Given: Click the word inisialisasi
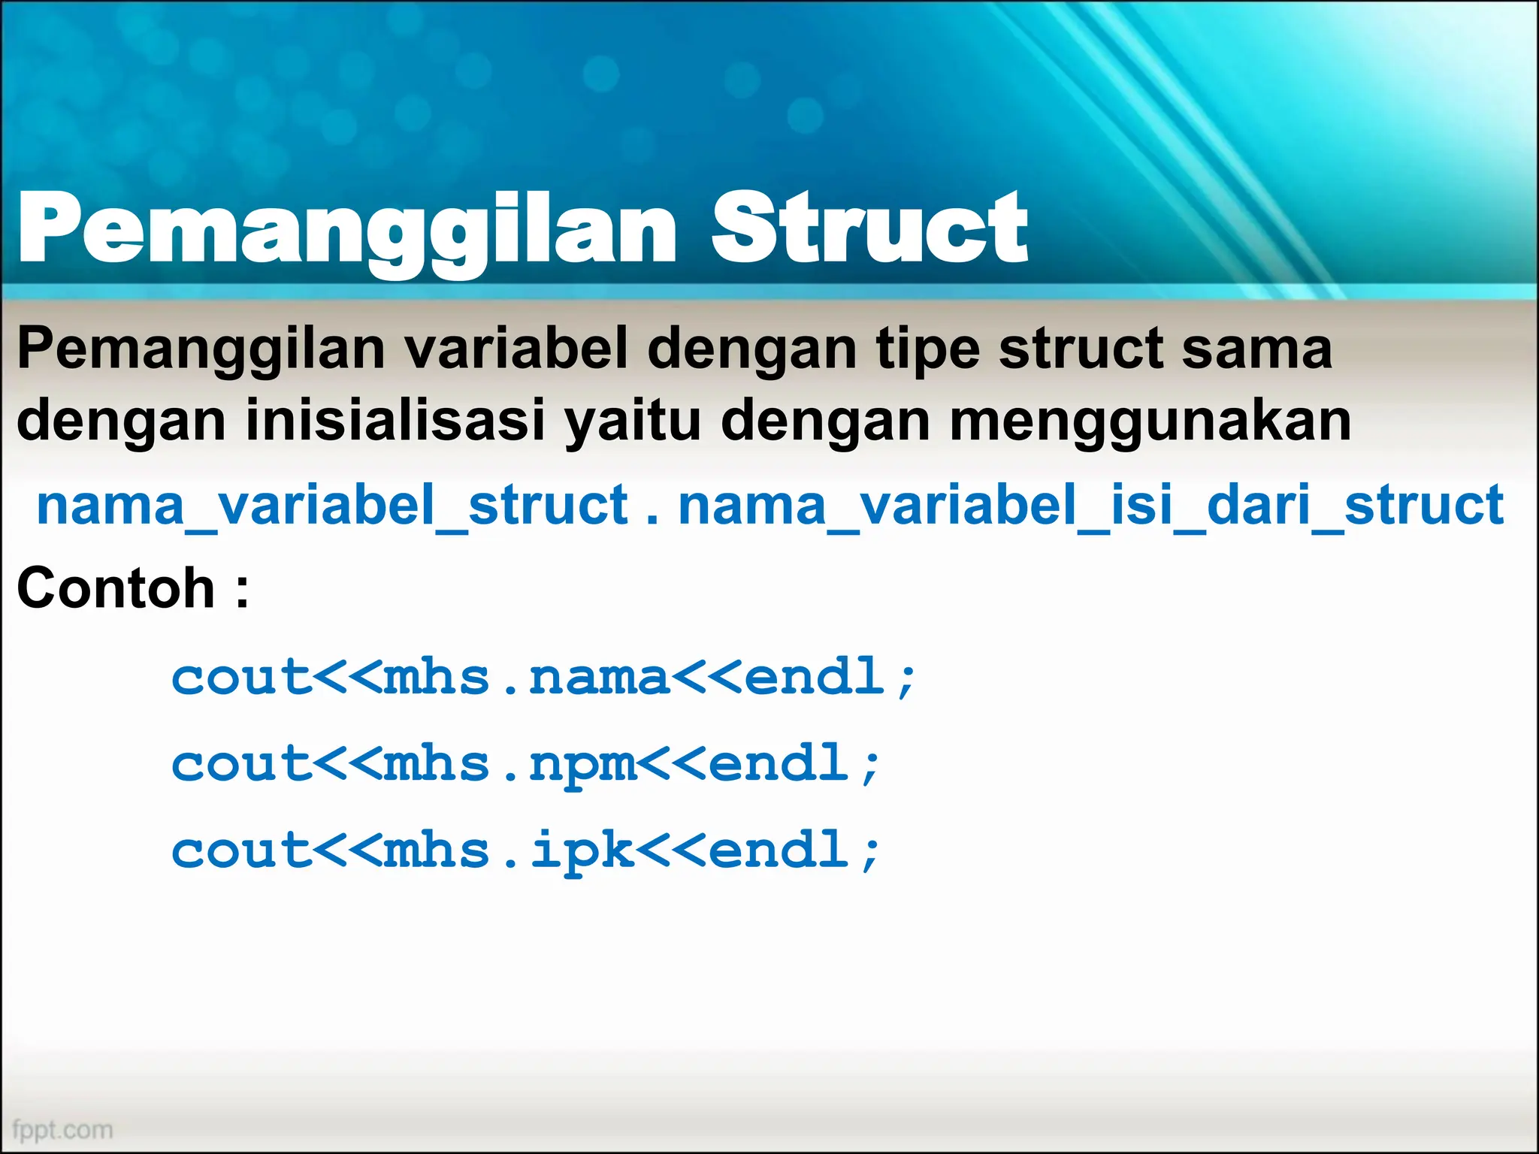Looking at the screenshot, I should point(395,420).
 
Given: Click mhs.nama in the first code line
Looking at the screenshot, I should point(526,677).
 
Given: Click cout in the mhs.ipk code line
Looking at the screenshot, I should point(241,850).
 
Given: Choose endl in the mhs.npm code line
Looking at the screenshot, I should point(779,763).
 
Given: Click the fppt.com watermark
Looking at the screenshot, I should point(63,1129).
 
